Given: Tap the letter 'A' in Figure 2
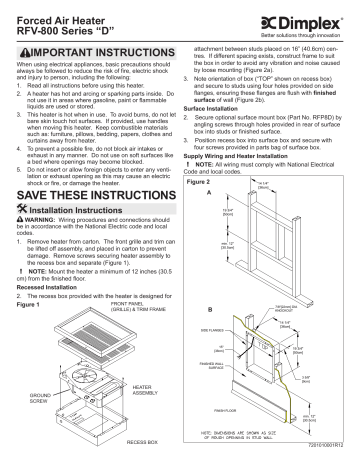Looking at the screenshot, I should pyautogui.click(x=208, y=194).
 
